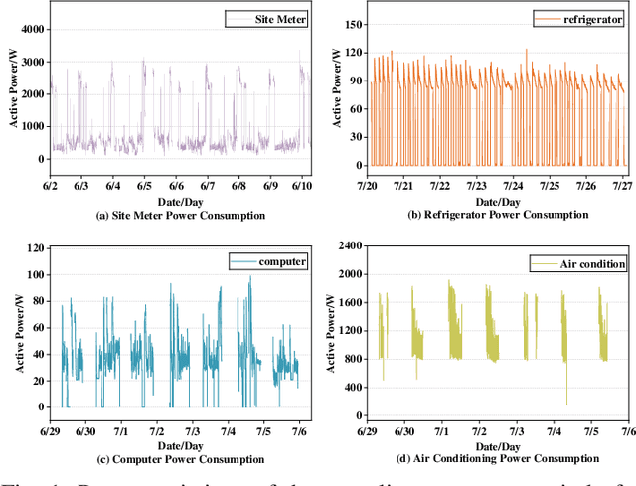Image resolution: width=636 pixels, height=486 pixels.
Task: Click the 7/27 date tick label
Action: pyautogui.click(x=622, y=185)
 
